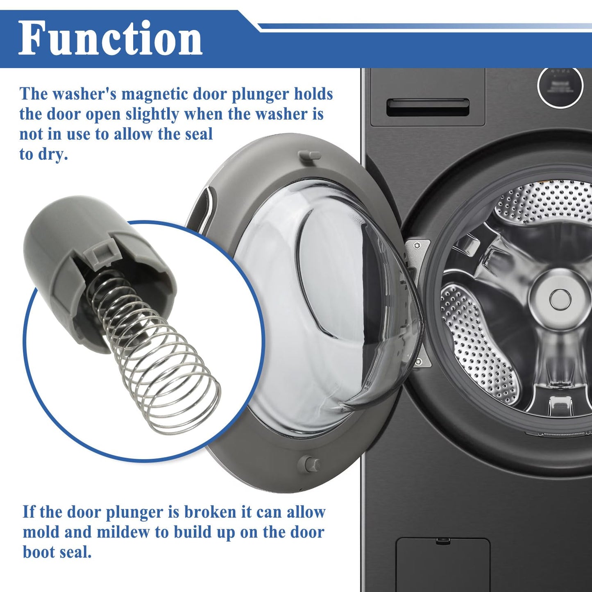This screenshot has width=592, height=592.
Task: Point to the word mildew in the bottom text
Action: point(123,532)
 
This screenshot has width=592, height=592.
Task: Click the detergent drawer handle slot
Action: point(428,107)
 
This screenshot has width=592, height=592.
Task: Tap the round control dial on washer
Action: point(560,86)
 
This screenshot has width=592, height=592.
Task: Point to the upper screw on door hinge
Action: point(416,245)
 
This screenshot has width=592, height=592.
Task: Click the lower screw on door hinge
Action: point(418,361)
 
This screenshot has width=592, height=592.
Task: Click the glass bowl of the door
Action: point(328,303)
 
